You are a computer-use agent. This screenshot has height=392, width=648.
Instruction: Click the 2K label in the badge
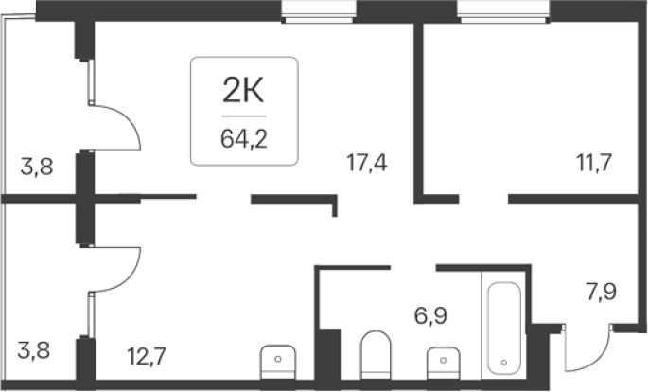tap(243, 91)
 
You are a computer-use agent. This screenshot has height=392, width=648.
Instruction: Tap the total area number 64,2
tap(244, 138)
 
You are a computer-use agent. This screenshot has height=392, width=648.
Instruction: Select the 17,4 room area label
tap(366, 162)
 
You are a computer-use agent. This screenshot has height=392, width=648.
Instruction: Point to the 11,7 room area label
tap(594, 162)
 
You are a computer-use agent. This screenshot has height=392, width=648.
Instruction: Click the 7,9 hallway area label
tap(601, 291)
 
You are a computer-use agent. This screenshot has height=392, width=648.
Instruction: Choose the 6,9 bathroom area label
tap(430, 316)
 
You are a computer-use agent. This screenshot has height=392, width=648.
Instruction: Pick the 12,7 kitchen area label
tap(147, 356)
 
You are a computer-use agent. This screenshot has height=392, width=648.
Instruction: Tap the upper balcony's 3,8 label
tap(37, 168)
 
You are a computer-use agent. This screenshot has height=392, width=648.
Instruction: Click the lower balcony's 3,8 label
tap(34, 349)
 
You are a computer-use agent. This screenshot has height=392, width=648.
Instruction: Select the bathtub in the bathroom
tap(504, 328)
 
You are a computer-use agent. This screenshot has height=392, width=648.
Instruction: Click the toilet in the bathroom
tap(376, 355)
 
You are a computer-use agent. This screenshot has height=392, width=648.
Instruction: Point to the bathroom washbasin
tap(443, 363)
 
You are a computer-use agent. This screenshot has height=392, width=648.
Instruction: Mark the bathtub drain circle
tap(504, 363)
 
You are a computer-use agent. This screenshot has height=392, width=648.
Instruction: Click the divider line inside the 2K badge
tap(244, 116)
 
